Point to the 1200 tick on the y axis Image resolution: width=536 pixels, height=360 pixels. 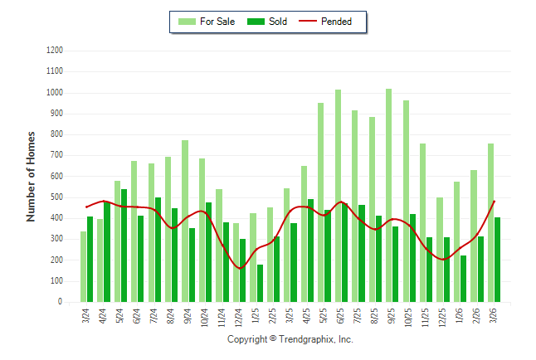click(x=55, y=51)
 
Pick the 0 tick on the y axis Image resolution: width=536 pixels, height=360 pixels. click(x=61, y=302)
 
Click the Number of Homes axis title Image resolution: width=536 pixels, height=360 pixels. click(x=31, y=176)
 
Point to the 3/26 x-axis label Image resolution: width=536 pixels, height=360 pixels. click(x=495, y=316)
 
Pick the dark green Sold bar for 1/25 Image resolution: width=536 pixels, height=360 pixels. click(x=261, y=283)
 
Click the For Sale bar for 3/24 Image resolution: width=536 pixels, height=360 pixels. click(x=83, y=266)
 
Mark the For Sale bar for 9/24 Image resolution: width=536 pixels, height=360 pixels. click(x=185, y=221)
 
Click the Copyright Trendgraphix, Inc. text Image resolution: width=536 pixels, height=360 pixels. click(x=290, y=339)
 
